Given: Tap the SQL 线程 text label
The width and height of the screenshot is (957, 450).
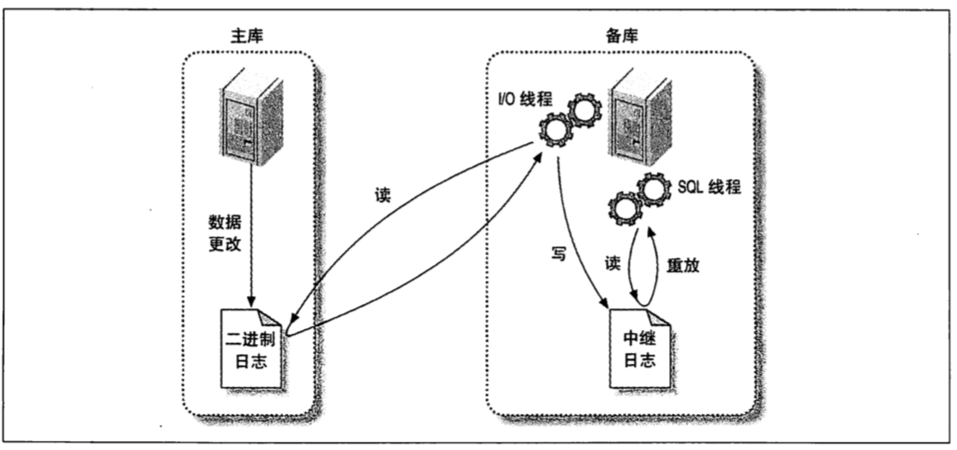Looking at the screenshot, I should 708,186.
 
